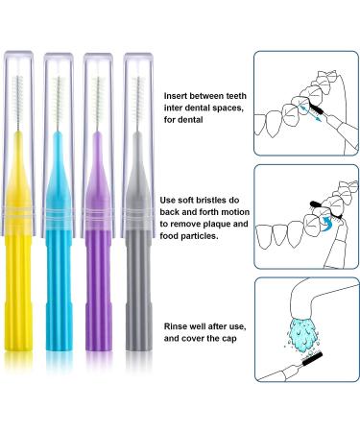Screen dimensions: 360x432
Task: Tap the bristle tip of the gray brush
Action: tap(139, 78)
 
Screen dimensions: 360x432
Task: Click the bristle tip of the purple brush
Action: tap(99, 78)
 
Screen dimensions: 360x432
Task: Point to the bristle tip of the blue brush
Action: tap(59, 78)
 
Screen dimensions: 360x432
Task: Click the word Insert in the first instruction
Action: tap(177, 96)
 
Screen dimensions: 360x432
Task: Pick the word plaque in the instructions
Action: tap(216, 224)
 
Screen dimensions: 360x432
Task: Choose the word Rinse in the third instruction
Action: tap(175, 326)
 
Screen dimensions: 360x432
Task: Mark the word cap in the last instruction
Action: tap(229, 339)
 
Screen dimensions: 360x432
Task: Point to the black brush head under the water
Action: tap(313, 358)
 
